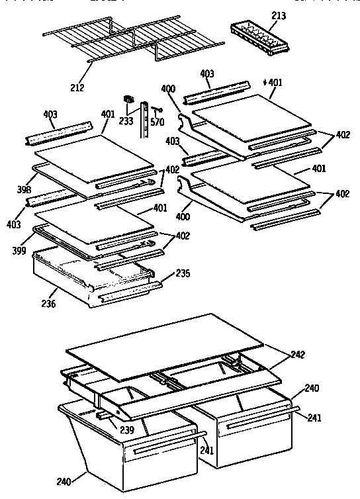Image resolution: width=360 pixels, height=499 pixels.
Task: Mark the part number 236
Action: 49,304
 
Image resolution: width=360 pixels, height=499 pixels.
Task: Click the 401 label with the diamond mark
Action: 273,82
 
